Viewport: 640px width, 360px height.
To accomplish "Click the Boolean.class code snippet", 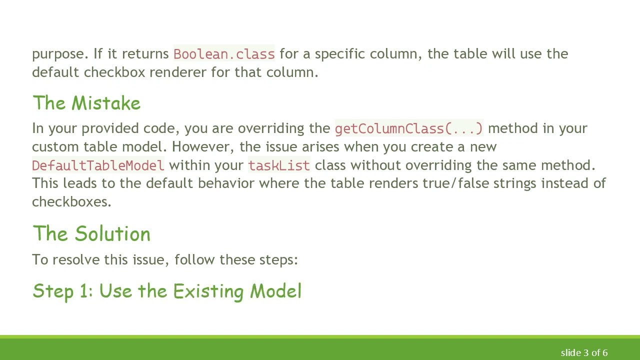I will click(224, 54).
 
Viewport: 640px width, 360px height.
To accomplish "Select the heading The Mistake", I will click(86, 103).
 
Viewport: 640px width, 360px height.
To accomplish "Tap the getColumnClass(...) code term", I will click(409, 128).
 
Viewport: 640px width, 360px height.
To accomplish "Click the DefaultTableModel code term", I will click(98, 165).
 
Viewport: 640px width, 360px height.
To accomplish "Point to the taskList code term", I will click(279, 165).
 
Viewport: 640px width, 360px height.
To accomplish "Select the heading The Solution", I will click(91, 234).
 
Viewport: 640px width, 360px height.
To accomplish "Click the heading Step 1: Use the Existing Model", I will click(167, 291).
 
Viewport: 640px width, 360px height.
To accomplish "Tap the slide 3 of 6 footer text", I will click(584, 353).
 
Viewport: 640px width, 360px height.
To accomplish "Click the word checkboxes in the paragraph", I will click(71, 202).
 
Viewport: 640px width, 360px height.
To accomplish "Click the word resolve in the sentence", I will click(76, 260).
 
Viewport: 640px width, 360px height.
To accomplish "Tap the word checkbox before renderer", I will click(114, 72).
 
